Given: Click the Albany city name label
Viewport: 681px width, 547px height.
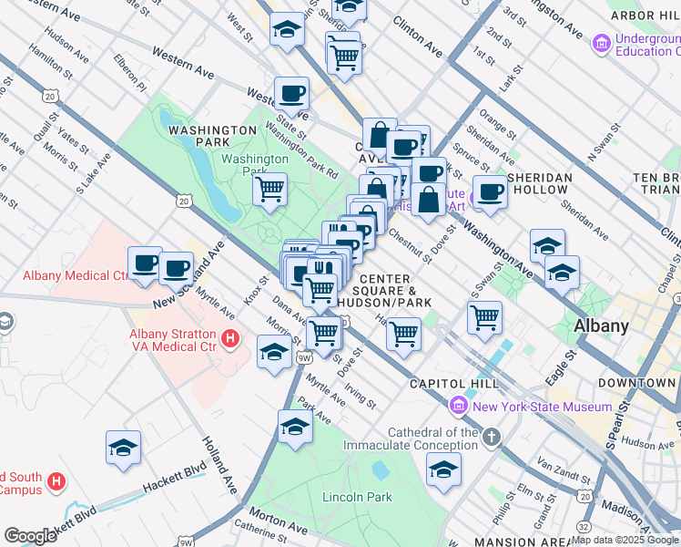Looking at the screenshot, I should [x=601, y=325].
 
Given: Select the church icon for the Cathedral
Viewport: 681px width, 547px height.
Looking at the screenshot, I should [x=492, y=438].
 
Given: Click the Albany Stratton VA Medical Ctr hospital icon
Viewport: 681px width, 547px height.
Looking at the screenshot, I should [x=230, y=339].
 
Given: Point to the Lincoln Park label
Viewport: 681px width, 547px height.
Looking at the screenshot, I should [x=357, y=498].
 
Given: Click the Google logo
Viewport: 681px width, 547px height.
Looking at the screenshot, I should [x=31, y=535].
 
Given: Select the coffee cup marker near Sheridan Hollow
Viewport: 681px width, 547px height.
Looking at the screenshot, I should [x=490, y=192].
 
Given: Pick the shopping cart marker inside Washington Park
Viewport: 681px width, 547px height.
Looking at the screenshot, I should [x=269, y=190].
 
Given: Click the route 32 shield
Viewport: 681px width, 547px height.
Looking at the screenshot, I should [x=583, y=525].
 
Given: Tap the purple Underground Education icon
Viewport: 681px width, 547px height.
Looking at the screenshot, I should [x=600, y=43].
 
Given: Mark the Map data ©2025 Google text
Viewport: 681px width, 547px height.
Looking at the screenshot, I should [x=625, y=540].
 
